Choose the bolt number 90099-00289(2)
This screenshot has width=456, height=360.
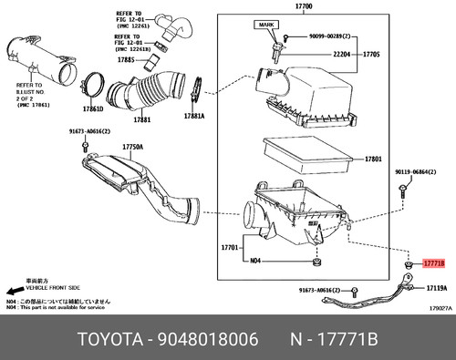(332, 37)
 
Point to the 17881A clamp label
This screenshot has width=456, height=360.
(194, 117)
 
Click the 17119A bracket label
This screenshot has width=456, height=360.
(435, 287)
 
